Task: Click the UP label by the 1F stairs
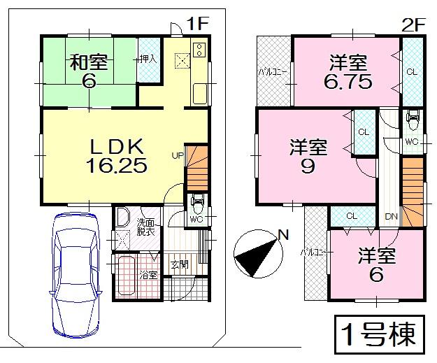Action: point(178,155)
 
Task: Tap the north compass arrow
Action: point(260,255)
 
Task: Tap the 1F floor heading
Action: point(199,23)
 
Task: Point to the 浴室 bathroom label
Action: point(148,276)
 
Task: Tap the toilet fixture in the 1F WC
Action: point(196,206)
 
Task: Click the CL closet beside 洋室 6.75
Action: point(412,71)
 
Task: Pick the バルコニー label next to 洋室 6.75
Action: point(268,72)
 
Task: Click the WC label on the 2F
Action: point(411,142)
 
